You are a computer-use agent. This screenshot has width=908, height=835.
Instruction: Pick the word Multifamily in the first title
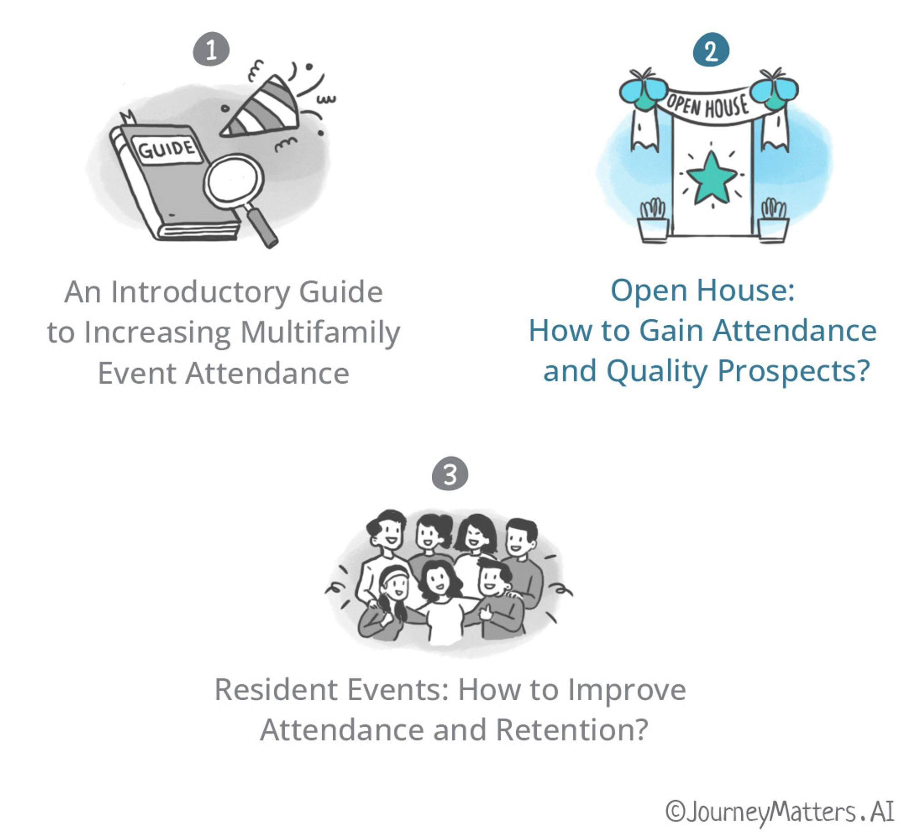click(x=320, y=332)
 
